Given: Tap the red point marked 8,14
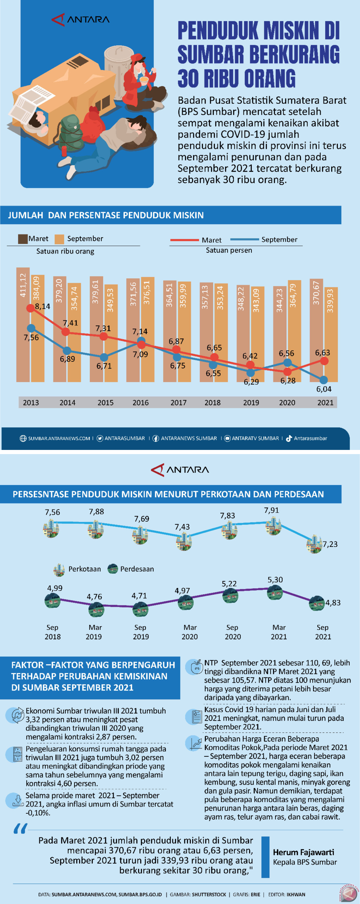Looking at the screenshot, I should (x=31, y=308).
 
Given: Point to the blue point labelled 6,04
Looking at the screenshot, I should (x=323, y=380).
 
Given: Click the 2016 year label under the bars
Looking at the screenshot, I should (x=140, y=403).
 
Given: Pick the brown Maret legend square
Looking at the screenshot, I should (x=23, y=239).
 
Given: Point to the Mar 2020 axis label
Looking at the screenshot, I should (x=190, y=632).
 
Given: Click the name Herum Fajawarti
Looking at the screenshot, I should (x=304, y=852).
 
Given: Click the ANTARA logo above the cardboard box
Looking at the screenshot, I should (x=81, y=19).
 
